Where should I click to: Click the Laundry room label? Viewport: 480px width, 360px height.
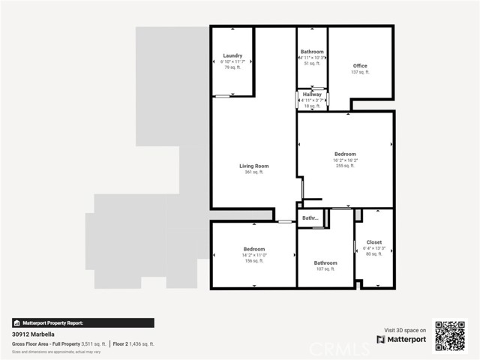click(232, 56)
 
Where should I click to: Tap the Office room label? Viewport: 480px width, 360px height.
click(360, 66)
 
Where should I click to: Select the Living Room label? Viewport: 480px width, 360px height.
click(253, 166)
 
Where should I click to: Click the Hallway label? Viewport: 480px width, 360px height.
click(312, 94)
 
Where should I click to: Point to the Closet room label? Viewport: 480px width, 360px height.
click(373, 242)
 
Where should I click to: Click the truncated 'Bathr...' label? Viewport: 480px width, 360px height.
click(311, 218)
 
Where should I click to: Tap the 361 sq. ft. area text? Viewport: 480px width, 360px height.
click(253, 172)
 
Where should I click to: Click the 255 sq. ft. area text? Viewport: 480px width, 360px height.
click(345, 166)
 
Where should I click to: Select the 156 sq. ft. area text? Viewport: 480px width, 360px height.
click(253, 261)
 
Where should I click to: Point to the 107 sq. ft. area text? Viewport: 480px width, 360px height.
click(325, 268)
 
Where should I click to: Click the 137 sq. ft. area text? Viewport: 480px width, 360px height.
click(360, 73)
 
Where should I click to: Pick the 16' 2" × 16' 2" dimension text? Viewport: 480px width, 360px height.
click(345, 160)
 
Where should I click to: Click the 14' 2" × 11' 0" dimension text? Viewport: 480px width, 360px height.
click(253, 255)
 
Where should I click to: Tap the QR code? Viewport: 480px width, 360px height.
click(450, 335)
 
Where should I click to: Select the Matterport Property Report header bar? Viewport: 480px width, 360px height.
click(83, 322)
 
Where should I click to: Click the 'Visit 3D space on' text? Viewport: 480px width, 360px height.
click(405, 330)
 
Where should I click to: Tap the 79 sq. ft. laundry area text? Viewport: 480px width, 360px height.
click(232, 67)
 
